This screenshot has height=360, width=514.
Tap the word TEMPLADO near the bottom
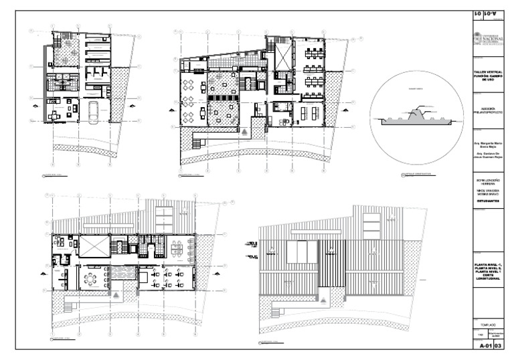tap(487, 324)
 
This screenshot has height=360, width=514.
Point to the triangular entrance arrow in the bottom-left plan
tap(116, 294)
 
